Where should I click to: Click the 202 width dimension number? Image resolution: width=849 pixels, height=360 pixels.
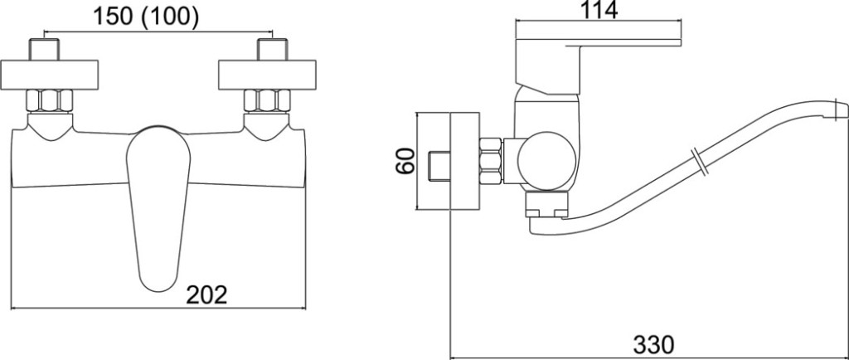coord(206,295)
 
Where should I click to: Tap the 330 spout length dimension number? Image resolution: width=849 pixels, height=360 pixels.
coord(653,344)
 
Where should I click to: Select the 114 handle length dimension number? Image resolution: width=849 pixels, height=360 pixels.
coord(599,10)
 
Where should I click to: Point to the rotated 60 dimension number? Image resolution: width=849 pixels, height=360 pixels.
coord(405,161)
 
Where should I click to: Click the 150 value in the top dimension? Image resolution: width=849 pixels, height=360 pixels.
coord(113,17)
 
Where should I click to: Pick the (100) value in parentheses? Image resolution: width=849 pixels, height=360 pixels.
coord(169,17)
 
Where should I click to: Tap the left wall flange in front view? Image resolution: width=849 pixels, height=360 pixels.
coord(49,75)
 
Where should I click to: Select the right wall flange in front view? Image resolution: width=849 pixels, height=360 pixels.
coord(267,75)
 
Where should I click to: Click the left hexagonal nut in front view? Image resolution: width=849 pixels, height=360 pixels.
coord(50,100)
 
